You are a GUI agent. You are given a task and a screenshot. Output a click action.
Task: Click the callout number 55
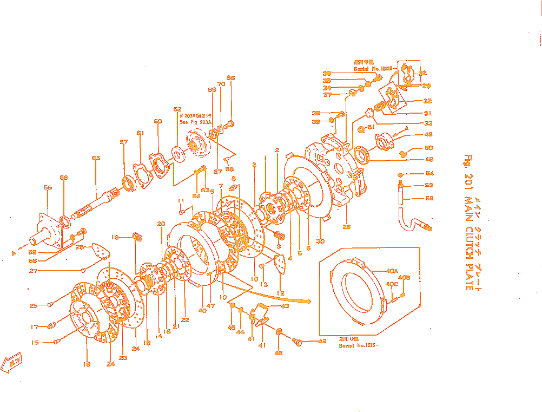coord(48,187)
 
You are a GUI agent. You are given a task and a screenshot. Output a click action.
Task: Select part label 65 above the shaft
coord(96,158)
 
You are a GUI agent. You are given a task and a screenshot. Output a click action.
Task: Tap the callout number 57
coord(124,142)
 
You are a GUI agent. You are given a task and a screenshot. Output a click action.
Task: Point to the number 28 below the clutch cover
coord(346,227)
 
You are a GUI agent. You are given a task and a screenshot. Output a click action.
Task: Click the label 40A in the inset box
coord(392,271)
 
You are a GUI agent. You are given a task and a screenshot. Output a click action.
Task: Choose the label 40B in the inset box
coord(404,278)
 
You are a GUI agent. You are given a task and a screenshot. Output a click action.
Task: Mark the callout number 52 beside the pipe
coord(429,198)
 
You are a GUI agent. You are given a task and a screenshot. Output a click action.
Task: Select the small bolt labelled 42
coord(298,341)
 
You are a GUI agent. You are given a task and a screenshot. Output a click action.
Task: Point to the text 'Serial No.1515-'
coord(359,345)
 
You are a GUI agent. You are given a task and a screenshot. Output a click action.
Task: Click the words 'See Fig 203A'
coord(196,122)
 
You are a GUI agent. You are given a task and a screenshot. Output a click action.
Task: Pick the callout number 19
coord(115,237)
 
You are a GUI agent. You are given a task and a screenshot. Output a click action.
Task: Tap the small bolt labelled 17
coord(52,325)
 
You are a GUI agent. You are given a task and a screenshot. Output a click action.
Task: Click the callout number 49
coord(429,159)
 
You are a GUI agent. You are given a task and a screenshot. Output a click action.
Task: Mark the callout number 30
coord(320,241)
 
